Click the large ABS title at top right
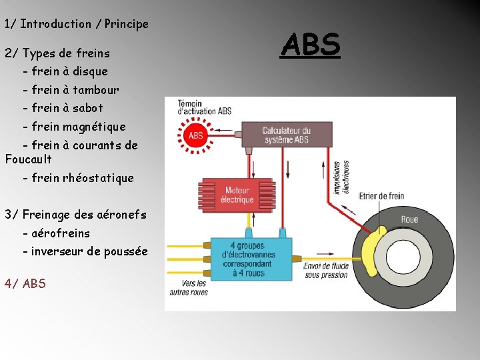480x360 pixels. (x=311, y=45)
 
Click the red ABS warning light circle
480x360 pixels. (x=195, y=136)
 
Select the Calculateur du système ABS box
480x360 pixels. (x=287, y=135)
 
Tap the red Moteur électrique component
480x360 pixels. (x=237, y=195)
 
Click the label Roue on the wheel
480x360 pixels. (x=409, y=219)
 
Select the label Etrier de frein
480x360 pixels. (x=381, y=196)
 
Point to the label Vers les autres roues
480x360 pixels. (x=189, y=287)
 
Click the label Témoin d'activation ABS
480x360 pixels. (x=204, y=107)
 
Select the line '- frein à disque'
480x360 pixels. (x=65, y=71)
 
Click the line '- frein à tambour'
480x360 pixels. (x=71, y=89)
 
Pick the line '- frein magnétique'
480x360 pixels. (x=73, y=126)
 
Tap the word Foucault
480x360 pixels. (x=28, y=159)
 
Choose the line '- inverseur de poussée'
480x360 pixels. (x=85, y=251)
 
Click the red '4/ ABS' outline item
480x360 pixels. (x=25, y=283)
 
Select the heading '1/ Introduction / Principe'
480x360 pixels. (x=76, y=24)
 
